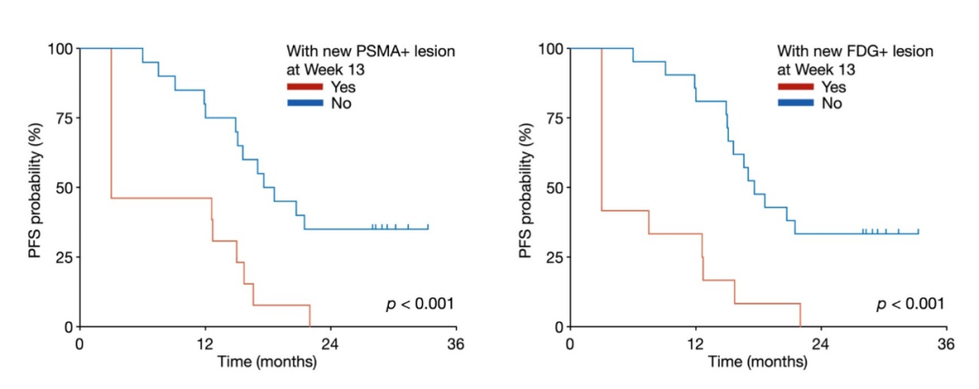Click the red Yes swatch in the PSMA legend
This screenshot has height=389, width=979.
(x=305, y=87)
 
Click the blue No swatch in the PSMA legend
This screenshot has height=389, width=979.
(x=305, y=103)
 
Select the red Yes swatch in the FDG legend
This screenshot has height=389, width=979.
(x=796, y=87)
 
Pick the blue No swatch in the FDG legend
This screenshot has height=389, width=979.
(x=796, y=103)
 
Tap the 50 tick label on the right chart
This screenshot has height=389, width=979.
(x=553, y=188)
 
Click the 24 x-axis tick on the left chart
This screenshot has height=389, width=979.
(x=330, y=345)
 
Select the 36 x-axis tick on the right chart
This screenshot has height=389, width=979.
(x=945, y=345)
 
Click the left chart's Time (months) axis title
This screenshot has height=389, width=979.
(x=267, y=363)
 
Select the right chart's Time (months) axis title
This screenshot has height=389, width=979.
(x=757, y=363)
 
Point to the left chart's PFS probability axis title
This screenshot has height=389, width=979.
(x=34, y=187)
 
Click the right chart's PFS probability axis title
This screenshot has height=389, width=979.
(x=526, y=187)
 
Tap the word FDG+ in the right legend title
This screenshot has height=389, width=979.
(x=865, y=53)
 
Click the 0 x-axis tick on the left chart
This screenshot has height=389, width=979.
(x=80, y=345)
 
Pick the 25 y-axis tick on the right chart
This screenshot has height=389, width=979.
(x=553, y=258)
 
